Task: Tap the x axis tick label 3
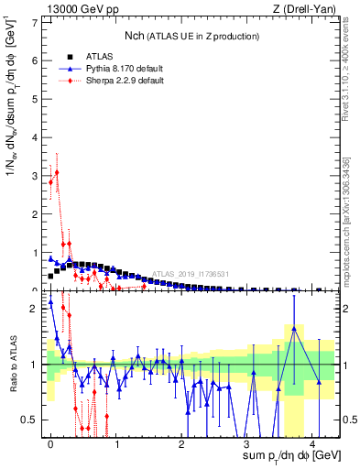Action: [247, 443]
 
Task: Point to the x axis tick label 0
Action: [50, 443]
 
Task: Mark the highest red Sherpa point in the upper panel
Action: [57, 172]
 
